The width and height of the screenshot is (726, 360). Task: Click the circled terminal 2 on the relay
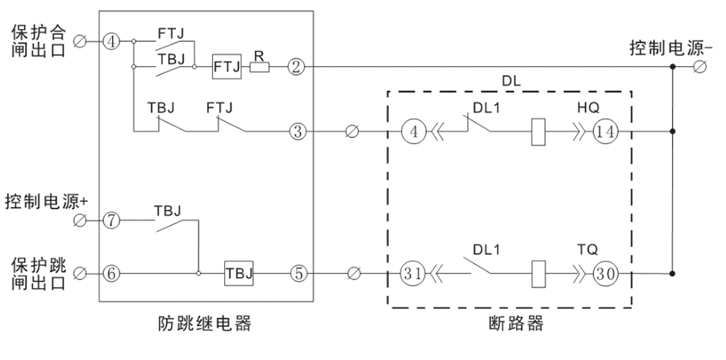297,67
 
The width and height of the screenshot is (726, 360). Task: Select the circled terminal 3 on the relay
297,130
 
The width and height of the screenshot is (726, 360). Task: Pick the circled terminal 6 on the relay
111,274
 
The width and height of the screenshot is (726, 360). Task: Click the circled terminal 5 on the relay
298,274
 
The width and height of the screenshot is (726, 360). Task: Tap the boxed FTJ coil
225,66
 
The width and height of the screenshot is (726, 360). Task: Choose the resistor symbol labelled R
260,67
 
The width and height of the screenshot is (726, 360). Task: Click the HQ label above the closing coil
586,106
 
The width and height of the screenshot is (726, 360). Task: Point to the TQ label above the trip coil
586,251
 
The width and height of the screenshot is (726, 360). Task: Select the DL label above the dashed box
512,81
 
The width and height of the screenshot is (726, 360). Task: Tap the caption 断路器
511,324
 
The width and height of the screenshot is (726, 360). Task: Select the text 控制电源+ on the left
44,199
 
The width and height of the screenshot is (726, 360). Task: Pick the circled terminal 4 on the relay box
111,40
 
